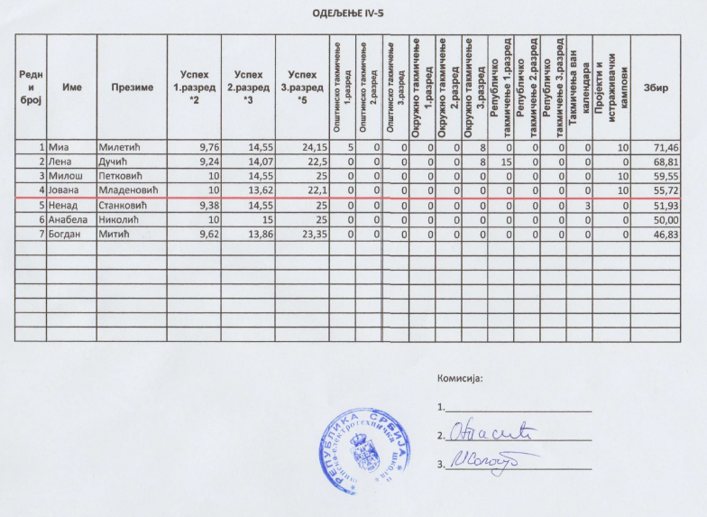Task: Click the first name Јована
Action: [x=68, y=189]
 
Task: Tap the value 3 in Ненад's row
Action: [x=586, y=205]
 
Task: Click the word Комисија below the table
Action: [x=460, y=379]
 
